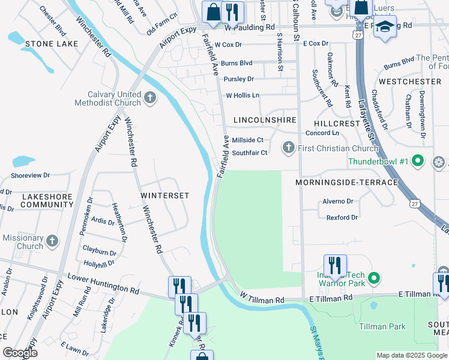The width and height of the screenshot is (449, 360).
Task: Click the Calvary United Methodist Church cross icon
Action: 149,97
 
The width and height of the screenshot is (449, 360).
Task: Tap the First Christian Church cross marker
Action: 289,148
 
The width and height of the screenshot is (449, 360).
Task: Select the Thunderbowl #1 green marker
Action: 420,161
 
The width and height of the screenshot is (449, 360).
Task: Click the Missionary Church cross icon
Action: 52,241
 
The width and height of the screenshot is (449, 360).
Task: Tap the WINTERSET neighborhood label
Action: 165,196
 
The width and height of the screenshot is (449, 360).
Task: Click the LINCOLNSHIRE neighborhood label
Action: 265,120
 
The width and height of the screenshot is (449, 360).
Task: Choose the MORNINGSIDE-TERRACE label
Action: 346,182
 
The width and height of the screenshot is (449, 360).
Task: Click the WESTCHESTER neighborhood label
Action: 410,81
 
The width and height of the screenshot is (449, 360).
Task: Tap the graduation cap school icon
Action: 385,27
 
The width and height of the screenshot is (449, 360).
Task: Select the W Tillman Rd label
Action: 262,297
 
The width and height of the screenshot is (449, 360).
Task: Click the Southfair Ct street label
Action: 249,153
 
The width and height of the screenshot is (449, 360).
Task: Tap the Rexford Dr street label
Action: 342,217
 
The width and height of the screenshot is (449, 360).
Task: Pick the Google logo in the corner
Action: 20,353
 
